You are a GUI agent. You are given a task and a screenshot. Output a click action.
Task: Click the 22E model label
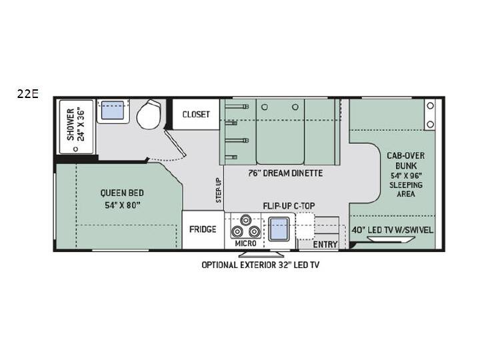click(x=27, y=94)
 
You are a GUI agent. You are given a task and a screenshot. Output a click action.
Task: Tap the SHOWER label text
click(x=71, y=124)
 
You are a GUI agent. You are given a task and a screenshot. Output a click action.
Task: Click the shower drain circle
click(x=75, y=149)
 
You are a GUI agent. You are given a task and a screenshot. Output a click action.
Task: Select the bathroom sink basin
click(x=113, y=110)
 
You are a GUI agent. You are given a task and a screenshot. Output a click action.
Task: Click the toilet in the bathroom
click(x=149, y=114)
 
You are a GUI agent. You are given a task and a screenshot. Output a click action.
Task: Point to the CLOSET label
click(x=196, y=115)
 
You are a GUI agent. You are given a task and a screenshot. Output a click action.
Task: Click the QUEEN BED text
click(x=122, y=193)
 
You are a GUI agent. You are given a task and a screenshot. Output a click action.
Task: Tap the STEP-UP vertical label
click(x=219, y=191)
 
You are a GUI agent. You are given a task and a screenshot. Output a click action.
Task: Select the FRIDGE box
click(x=203, y=229)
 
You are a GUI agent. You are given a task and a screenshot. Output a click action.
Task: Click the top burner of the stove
click(x=245, y=220)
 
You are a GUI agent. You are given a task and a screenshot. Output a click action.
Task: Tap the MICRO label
click(x=245, y=244)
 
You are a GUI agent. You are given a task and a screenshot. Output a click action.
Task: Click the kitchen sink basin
click(x=279, y=229)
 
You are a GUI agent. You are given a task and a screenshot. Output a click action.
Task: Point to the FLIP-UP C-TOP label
click(x=289, y=206)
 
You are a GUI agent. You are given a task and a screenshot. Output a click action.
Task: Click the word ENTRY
click(x=325, y=244)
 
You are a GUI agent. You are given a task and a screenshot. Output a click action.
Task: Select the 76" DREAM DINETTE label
click(x=285, y=173)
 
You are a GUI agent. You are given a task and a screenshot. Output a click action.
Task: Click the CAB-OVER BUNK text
click(x=406, y=161)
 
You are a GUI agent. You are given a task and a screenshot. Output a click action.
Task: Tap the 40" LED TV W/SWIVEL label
click(x=393, y=230)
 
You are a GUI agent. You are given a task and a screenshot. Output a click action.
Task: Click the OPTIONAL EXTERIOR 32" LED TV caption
click(x=260, y=265)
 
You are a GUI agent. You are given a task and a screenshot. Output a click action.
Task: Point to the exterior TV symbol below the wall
click(x=261, y=255)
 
